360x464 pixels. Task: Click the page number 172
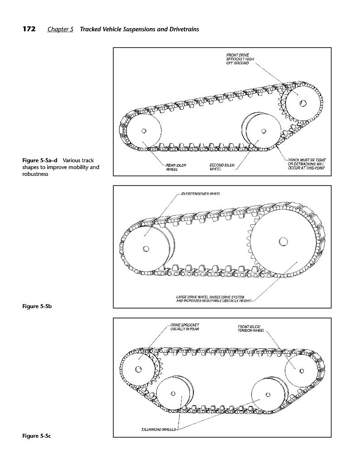click(29, 29)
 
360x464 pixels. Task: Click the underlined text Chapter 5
click(60, 29)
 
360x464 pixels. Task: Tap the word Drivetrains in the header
click(184, 29)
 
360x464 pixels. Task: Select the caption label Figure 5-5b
click(37, 306)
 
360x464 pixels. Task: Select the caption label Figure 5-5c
click(37, 436)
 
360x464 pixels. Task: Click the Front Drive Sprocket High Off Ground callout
click(240, 59)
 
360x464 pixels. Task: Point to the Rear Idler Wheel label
click(176, 168)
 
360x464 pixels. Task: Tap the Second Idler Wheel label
click(222, 167)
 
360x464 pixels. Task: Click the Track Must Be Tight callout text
click(307, 164)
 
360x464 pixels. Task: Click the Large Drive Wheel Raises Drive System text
click(213, 299)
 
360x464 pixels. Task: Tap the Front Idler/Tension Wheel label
click(251, 329)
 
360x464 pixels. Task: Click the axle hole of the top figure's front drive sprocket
click(302, 103)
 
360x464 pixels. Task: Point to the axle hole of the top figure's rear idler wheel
click(144, 131)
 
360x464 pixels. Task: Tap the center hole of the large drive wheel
click(283, 242)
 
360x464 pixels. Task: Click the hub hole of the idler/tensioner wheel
click(146, 249)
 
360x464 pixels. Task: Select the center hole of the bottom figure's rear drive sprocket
click(138, 369)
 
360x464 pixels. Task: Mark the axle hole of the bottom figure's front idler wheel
click(302, 371)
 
